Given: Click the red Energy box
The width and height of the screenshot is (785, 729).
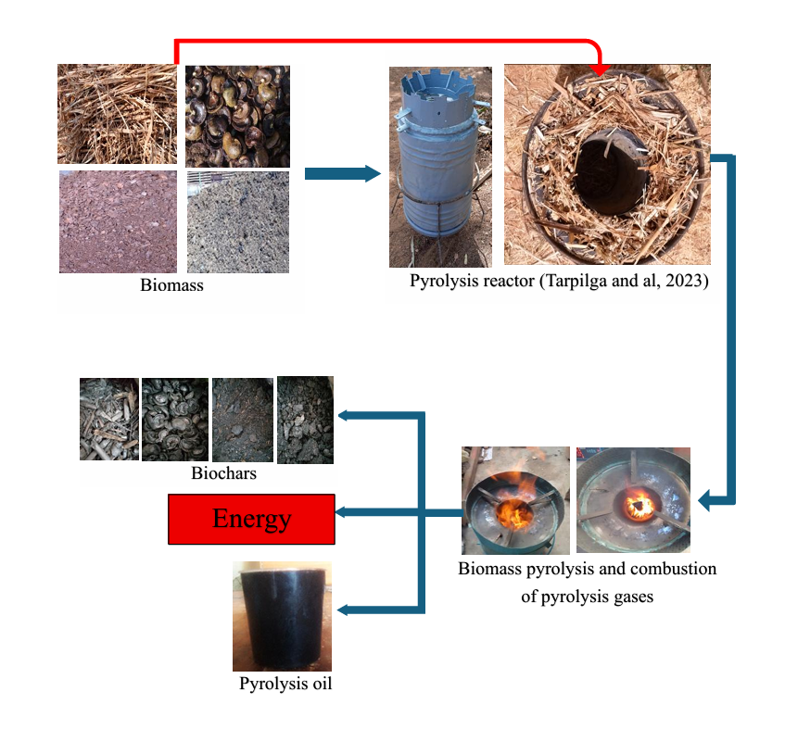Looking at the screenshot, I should tap(250, 519).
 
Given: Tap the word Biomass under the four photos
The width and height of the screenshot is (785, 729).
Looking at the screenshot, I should tap(171, 285).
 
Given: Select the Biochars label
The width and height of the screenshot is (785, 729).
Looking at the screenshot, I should tap(223, 473).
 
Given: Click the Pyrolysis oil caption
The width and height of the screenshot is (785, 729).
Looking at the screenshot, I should tap(285, 685).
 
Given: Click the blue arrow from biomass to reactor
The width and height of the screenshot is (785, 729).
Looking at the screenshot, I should tap(342, 173).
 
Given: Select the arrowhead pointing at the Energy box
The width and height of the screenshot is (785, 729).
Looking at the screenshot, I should tap(342, 511).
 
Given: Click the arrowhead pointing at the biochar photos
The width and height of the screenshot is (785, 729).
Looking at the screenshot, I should tap(342, 415).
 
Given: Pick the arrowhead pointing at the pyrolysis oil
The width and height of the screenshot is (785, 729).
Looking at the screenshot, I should tap(342, 610).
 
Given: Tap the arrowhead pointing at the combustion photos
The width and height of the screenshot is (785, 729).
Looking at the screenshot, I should tap(704, 502).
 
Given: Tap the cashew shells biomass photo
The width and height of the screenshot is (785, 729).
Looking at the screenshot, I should tap(237, 115).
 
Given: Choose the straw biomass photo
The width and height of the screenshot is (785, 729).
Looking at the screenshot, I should tap(117, 114).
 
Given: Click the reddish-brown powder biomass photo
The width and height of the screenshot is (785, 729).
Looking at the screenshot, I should tap(117, 222).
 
